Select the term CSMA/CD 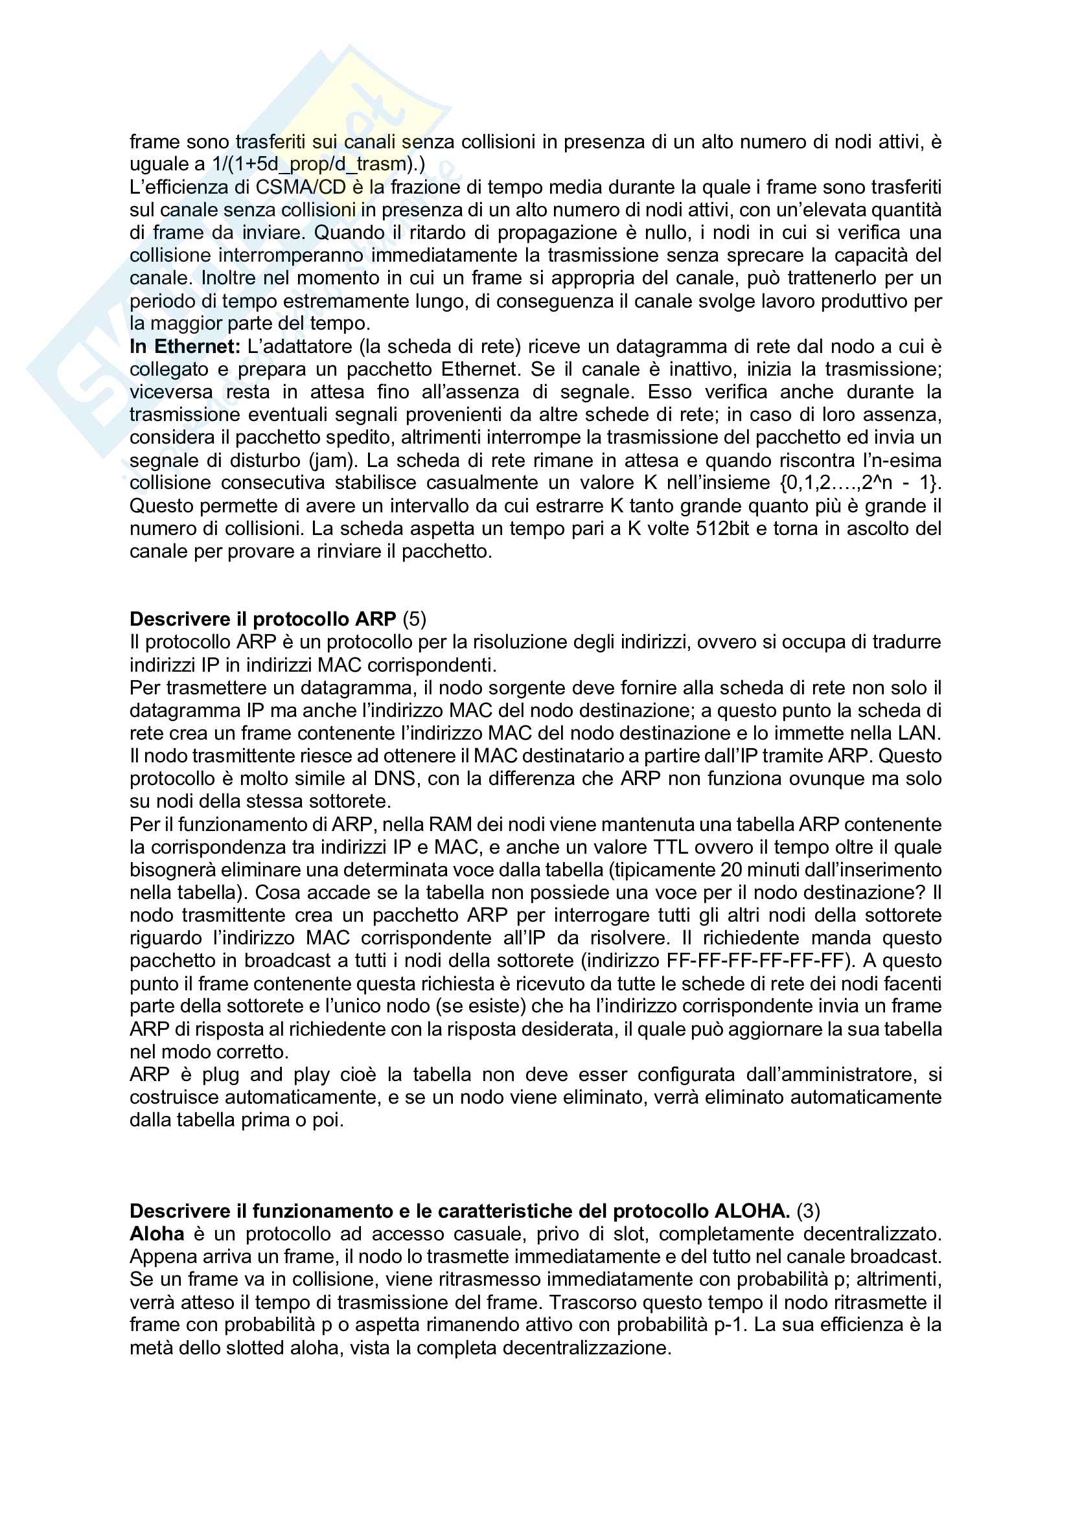pos(301,187)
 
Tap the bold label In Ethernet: pos(185,347)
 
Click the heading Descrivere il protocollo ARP pos(262,619)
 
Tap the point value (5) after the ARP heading pos(415,619)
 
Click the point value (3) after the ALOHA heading pos(809,1211)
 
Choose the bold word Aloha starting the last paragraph pos(157,1233)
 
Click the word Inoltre pos(227,278)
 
